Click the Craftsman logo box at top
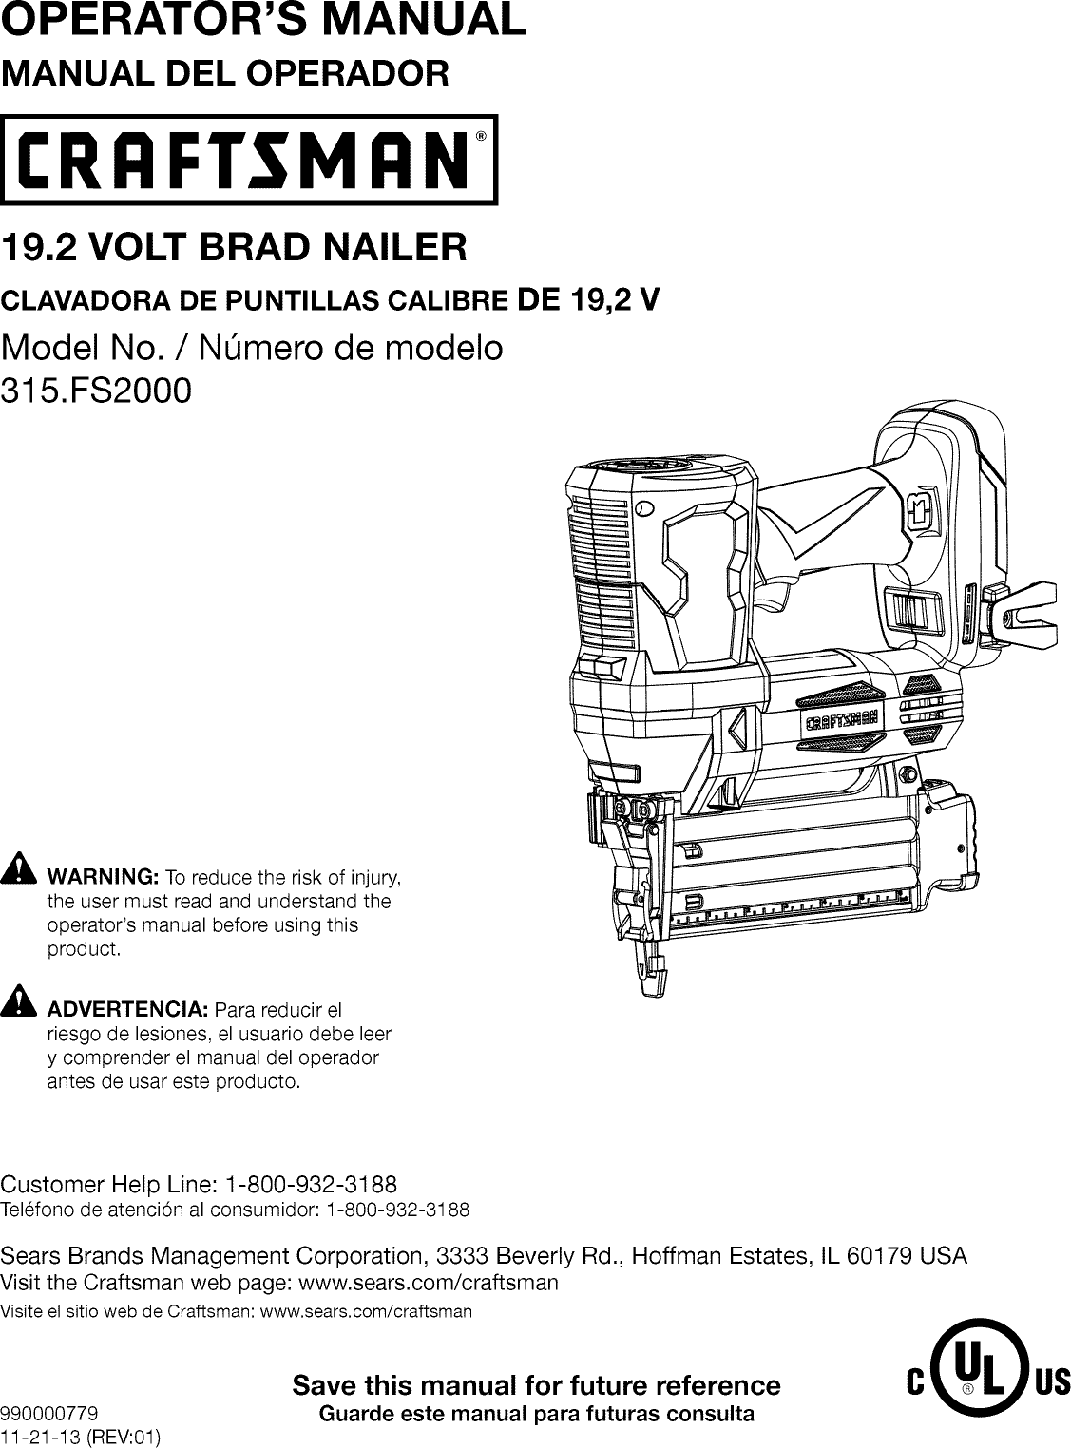(x=249, y=160)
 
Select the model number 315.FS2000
(x=96, y=390)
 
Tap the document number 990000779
(x=49, y=1413)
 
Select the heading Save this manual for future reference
(x=536, y=1385)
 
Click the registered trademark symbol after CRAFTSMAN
(x=482, y=136)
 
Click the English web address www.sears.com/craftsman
(x=428, y=1284)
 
